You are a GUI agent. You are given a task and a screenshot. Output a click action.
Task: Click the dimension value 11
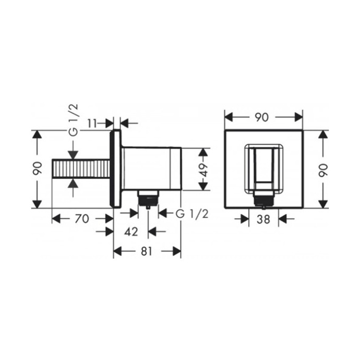point(92,124)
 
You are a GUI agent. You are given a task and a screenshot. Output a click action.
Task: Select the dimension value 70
point(82,219)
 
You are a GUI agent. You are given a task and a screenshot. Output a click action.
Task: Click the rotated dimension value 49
point(204,170)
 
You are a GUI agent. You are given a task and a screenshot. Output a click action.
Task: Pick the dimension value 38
point(263,219)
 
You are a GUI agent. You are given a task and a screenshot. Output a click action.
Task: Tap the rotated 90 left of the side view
point(36,169)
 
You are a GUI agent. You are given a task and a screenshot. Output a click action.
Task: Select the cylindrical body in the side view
point(151,169)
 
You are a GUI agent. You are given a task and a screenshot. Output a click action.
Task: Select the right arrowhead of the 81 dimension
point(177,251)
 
